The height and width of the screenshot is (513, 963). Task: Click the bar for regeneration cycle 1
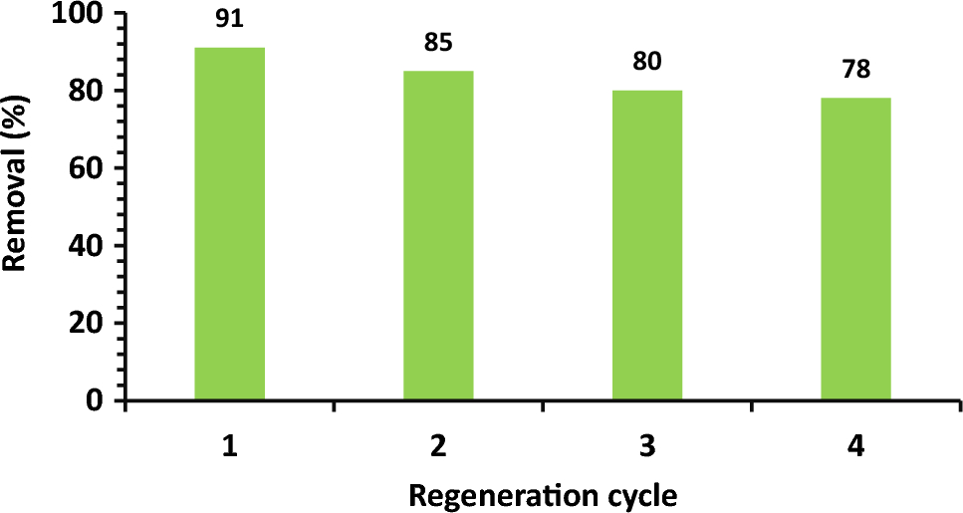(x=229, y=224)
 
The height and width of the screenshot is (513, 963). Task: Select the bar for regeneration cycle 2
(x=438, y=236)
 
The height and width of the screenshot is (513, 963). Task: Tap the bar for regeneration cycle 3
(x=647, y=245)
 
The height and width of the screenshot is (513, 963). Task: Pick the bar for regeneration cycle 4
(x=855, y=249)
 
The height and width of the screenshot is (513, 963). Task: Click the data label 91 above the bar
(x=230, y=20)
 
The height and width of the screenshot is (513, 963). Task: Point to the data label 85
(x=438, y=44)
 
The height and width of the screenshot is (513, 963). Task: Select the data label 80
(x=647, y=63)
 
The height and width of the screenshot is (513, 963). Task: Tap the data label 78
(x=855, y=71)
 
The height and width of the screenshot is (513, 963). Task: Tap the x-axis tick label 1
(x=230, y=447)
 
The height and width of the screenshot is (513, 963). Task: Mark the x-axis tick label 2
(x=438, y=447)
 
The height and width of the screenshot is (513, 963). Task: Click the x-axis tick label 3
(x=647, y=447)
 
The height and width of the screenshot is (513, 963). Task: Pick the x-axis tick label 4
(x=855, y=447)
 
